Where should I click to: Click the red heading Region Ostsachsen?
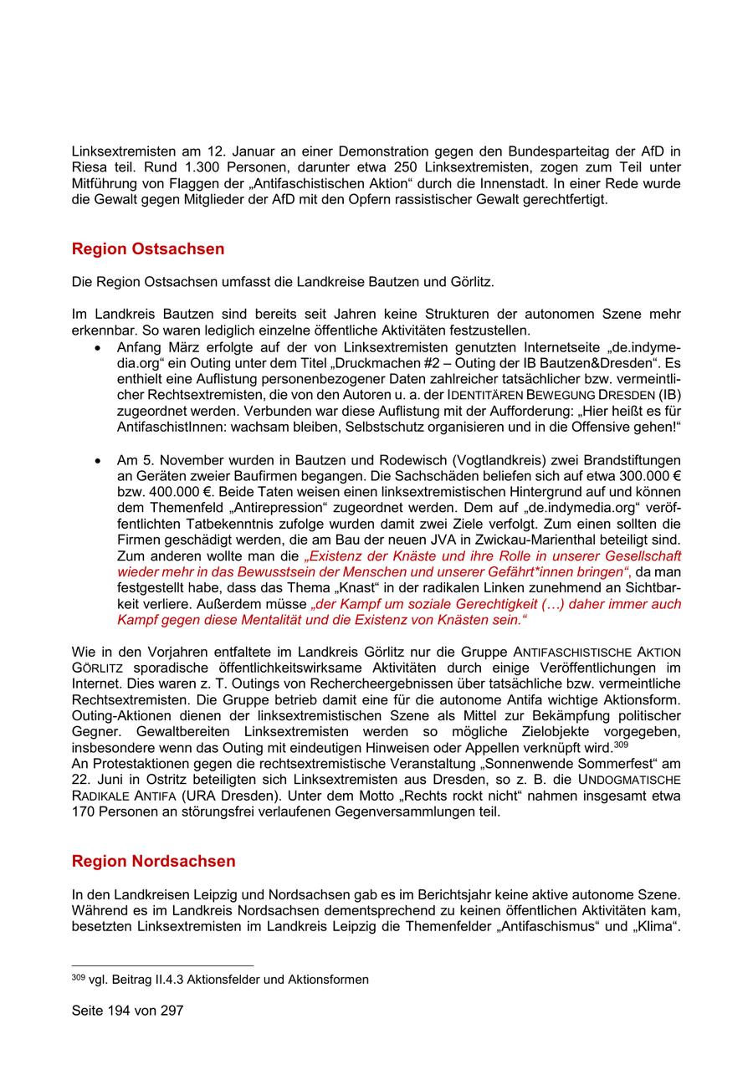(x=148, y=249)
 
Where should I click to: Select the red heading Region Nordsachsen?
(x=153, y=861)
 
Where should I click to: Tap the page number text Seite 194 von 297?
(x=127, y=1011)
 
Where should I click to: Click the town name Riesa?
(x=89, y=167)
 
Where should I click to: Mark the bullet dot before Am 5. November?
(x=100, y=461)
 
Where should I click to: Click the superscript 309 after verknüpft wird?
(x=620, y=744)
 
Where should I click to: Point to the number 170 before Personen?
(x=84, y=812)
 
